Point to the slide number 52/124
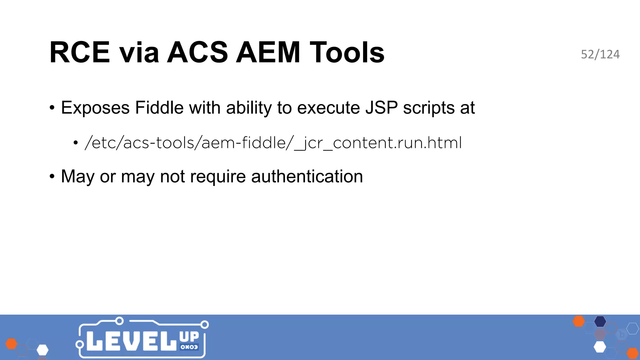tap(600, 54)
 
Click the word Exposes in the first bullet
tap(95, 108)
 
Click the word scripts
tap(429, 108)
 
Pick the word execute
tap(328, 108)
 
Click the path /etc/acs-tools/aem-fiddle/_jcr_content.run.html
tap(273, 143)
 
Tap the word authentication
tap(307, 177)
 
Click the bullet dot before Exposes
tap(52, 108)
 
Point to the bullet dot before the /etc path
tap(76, 143)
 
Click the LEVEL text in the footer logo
tap(131, 341)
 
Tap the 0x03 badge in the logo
tap(189, 347)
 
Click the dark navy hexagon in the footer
tap(600, 321)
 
